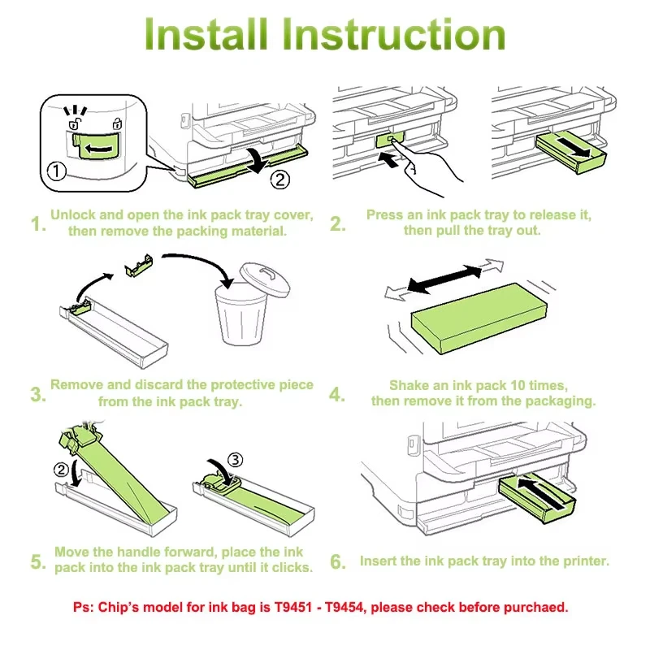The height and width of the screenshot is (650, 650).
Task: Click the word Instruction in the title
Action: pos(395,34)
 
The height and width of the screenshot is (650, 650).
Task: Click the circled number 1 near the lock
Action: pos(57,171)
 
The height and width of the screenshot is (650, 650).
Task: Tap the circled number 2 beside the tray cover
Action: pos(279,180)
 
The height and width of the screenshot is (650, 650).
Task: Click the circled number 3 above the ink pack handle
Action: pos(236,460)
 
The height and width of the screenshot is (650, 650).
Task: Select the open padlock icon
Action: pos(75,123)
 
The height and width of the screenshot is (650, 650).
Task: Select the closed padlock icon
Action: pos(117,123)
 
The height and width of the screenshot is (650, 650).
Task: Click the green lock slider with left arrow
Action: pos(97,146)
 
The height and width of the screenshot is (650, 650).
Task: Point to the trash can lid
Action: pos(265,279)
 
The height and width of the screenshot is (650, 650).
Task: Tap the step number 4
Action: pos(336,394)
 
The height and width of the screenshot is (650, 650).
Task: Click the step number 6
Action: pos(337,561)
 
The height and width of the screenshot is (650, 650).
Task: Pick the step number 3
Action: pos(38,394)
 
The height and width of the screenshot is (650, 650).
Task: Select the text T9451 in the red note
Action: pos(293,607)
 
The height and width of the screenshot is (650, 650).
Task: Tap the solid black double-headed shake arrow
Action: pos(444,279)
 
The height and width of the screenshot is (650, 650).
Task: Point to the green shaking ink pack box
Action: pos(479,318)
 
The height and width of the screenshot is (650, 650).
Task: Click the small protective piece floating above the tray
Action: pos(139,266)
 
